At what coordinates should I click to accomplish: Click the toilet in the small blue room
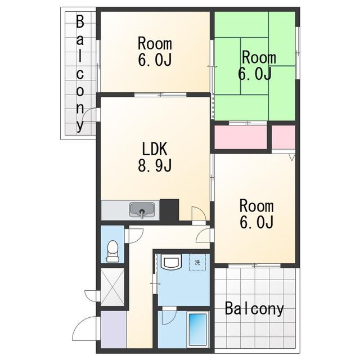click(x=112, y=251)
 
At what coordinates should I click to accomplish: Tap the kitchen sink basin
click(x=142, y=210)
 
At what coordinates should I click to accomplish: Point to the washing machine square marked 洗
click(x=197, y=262)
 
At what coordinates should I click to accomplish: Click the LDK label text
click(x=155, y=148)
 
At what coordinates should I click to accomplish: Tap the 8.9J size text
click(x=155, y=165)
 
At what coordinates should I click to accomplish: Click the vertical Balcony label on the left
click(x=80, y=74)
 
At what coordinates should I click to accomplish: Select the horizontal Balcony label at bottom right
click(x=254, y=309)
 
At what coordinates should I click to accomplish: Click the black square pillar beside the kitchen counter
click(x=169, y=210)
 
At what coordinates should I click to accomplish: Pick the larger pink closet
click(x=241, y=137)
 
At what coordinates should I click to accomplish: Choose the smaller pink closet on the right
click(x=283, y=137)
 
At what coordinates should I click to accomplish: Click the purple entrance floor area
click(x=114, y=329)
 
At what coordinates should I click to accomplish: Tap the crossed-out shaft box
click(x=112, y=287)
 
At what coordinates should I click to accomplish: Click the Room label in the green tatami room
click(x=259, y=57)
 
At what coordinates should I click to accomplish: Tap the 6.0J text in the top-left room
click(x=155, y=60)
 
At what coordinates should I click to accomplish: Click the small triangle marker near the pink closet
click(x=292, y=157)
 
